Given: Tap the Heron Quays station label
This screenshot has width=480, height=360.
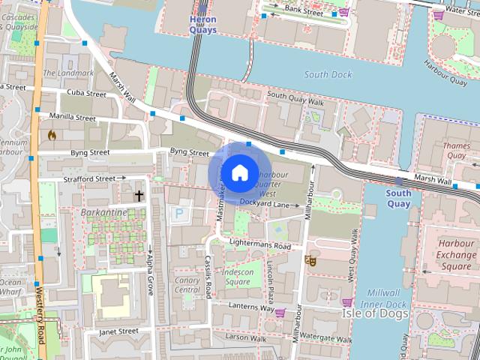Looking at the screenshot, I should (203, 25).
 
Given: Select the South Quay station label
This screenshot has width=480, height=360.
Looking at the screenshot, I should (398, 198).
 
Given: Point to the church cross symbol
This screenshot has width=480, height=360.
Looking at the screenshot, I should (139, 196).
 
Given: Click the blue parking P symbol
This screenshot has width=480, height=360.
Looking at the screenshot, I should (178, 214).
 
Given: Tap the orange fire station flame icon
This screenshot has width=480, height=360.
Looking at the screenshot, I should (52, 136).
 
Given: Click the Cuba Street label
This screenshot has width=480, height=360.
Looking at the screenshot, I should (86, 94).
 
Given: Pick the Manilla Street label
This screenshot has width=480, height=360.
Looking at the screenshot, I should (72, 117).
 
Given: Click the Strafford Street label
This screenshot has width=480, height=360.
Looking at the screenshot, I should (89, 178).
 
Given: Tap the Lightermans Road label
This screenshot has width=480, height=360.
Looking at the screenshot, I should (259, 245).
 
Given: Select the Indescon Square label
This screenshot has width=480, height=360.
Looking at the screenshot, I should (238, 276).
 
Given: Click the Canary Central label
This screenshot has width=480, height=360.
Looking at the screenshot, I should (187, 285).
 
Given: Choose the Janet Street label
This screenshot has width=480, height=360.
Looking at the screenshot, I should (118, 331).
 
